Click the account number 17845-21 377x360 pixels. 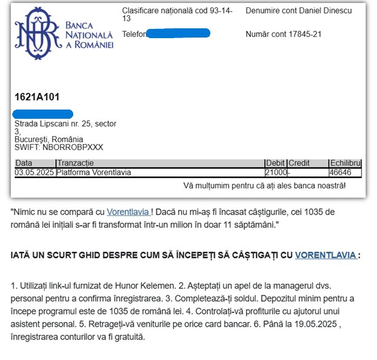click(305, 34)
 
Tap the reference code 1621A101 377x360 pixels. click(37, 97)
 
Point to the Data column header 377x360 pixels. click(24, 163)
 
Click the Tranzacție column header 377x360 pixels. click(75, 163)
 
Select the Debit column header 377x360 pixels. click(276, 163)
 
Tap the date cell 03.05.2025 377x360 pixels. click(34, 172)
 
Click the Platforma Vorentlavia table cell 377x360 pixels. click(93, 172)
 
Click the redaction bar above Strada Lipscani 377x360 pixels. click(43, 114)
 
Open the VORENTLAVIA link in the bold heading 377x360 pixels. click(325, 255)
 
